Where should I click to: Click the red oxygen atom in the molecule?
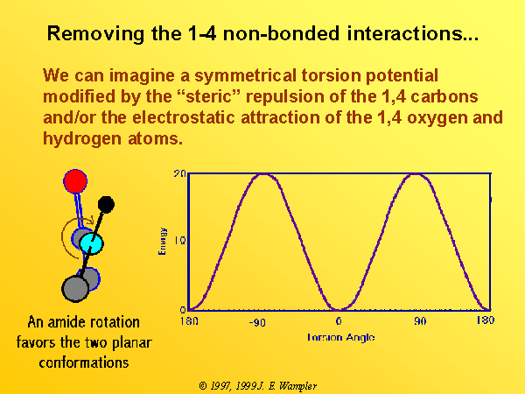click(x=75, y=181)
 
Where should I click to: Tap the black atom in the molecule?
click(x=106, y=205)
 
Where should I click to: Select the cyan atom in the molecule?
click(x=91, y=243)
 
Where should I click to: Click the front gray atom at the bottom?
click(x=75, y=288)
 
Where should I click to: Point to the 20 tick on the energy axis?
click(x=179, y=173)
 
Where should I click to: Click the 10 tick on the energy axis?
click(x=179, y=240)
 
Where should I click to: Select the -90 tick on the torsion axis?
click(x=257, y=322)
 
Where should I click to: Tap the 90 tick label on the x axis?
click(x=420, y=321)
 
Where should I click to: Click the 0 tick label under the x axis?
click(x=339, y=321)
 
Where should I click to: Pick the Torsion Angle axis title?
click(x=340, y=337)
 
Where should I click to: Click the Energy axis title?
click(x=162, y=242)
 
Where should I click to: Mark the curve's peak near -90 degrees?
click(x=264, y=174)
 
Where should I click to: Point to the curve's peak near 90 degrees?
click(x=415, y=174)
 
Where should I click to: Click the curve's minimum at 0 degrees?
click(x=339, y=310)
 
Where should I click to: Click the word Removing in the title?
click(x=96, y=33)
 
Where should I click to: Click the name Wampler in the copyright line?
click(x=297, y=386)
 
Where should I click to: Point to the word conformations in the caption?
click(x=84, y=362)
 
